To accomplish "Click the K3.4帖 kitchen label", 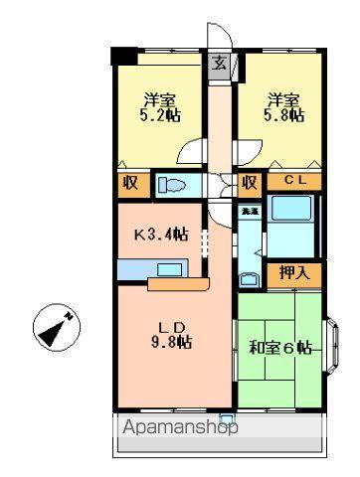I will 161,235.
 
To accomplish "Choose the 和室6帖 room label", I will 280,348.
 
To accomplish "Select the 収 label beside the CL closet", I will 250,182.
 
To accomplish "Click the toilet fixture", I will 175,184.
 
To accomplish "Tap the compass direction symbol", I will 56,329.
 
